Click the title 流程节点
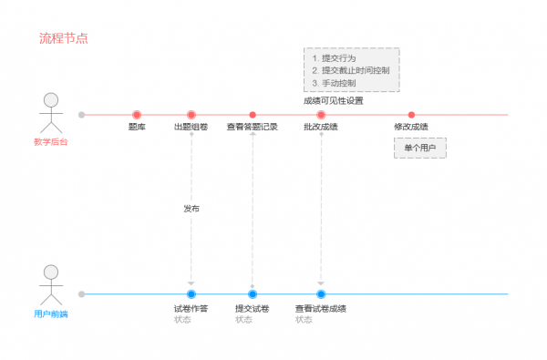[x=63, y=39]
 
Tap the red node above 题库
[x=137, y=115]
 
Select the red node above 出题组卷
[x=191, y=115]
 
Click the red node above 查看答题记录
[x=253, y=115]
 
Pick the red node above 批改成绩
[x=321, y=115]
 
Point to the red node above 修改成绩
[x=411, y=115]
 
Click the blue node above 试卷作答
[x=191, y=293]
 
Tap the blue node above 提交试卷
[x=253, y=293]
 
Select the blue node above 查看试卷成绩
[x=321, y=293]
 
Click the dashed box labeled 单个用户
[x=420, y=147]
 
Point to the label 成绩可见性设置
[x=334, y=100]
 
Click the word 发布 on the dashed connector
[x=191, y=209]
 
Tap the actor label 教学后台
[x=51, y=142]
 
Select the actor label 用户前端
[x=51, y=314]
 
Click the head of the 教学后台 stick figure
[x=51, y=99]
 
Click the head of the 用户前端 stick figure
[x=51, y=272]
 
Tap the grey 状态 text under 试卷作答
[x=182, y=320]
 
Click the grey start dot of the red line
[x=82, y=115]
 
